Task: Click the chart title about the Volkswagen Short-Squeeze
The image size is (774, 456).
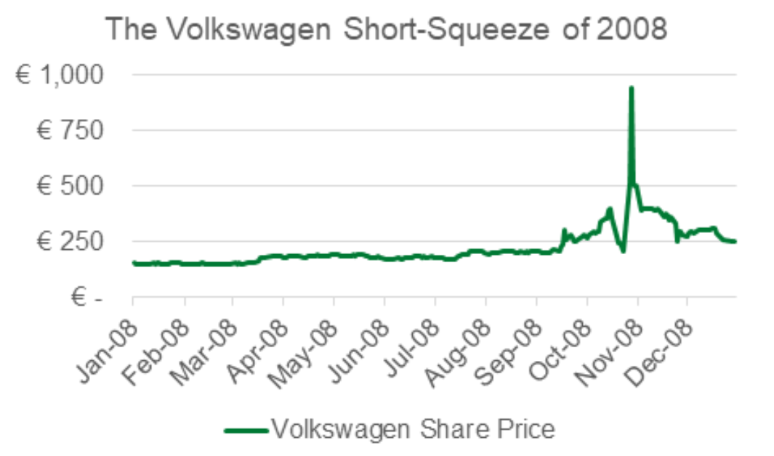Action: tap(386, 30)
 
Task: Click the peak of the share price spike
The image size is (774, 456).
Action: tap(632, 88)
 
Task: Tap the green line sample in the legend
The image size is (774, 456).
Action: tap(246, 429)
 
